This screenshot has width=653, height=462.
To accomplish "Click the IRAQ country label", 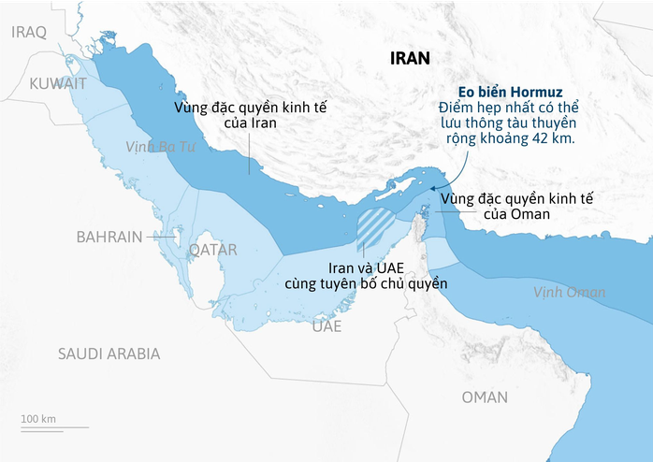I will point(28,32).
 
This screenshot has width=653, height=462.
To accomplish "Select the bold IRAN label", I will point(410,58).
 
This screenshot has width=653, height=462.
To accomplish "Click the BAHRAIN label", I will point(109,238).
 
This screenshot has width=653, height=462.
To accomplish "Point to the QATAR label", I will point(213,250).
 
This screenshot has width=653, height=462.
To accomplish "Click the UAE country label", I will point(326,326).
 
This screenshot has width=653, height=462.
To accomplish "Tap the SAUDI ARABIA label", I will point(109,354).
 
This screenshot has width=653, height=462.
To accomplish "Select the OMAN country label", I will point(485,397).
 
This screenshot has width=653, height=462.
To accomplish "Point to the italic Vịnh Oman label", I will point(569,293).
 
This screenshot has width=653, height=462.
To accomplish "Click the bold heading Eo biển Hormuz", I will point(509,93).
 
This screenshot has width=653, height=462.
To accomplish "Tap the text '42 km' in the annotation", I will point(552,139).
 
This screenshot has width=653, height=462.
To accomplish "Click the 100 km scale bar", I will point(54,427).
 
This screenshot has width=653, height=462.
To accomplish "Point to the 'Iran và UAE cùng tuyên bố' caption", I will point(366,275).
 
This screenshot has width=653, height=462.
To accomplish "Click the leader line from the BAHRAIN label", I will point(160,238).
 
